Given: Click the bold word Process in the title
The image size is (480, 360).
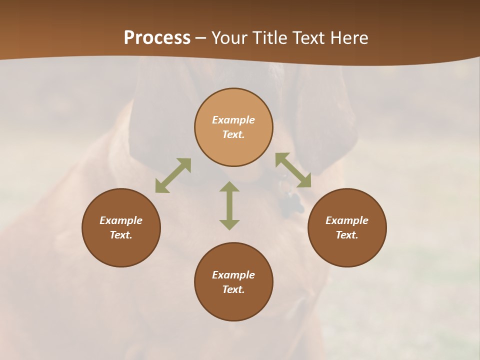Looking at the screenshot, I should (x=157, y=38).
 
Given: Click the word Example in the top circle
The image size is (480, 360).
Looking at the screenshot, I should (x=233, y=120).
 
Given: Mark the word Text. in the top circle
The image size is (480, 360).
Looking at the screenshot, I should (x=233, y=134).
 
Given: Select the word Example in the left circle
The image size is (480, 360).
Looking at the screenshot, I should (x=121, y=220).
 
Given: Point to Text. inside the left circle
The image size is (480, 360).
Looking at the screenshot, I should (x=121, y=235).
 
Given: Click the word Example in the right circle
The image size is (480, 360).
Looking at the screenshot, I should (x=347, y=220).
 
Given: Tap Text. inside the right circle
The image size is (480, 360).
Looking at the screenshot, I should (x=347, y=235).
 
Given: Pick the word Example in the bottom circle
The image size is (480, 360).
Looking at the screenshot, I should (x=233, y=275).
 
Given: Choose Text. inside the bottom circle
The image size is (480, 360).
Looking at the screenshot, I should (x=233, y=289).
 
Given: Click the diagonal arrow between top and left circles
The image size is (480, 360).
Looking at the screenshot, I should (x=173, y=175).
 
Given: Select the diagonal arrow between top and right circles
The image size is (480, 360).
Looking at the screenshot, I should (x=293, y=170).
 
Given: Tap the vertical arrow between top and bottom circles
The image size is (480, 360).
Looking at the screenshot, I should (x=229, y=205).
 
